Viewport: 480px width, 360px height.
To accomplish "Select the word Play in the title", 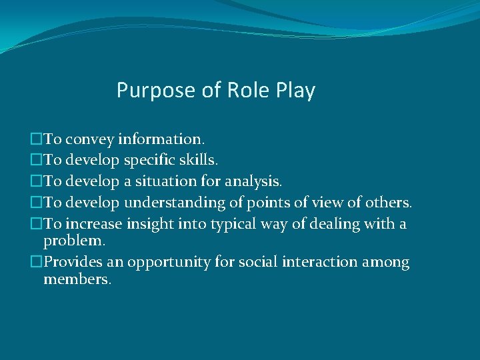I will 294,91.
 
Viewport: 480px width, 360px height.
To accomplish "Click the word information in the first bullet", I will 161,139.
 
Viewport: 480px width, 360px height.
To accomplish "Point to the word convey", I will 90,140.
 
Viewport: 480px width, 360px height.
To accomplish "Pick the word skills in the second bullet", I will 198,161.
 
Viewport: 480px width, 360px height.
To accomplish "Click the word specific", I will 150,161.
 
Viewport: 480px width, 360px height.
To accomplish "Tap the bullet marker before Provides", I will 36,262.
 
